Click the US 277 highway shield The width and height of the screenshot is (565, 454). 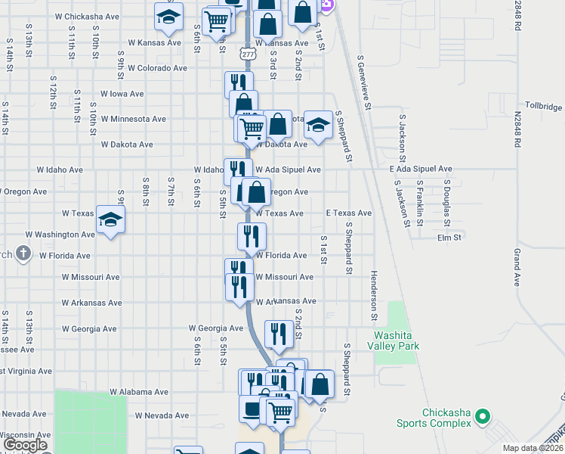click(x=248, y=53)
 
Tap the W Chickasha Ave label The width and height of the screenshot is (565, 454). click(x=88, y=16)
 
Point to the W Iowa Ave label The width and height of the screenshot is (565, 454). click(x=122, y=94)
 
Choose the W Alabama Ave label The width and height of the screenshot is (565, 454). click(x=139, y=392)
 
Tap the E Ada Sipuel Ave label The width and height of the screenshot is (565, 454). click(x=421, y=169)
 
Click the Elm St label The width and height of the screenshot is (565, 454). click(x=449, y=238)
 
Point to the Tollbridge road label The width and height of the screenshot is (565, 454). click(x=544, y=105)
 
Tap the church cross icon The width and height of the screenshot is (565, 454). click(x=23, y=253)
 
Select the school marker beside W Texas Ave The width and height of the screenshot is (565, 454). click(x=111, y=220)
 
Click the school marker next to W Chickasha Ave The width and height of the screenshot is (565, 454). click(x=168, y=16)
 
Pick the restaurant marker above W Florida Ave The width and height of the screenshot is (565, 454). click(x=252, y=236)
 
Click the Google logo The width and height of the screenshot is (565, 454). click(x=26, y=445)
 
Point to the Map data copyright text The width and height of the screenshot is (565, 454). click(x=533, y=448)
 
